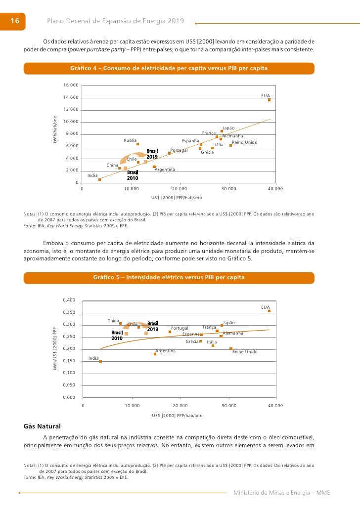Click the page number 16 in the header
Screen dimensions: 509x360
pyautogui.click(x=14, y=21)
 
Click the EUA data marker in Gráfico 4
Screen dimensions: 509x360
pyautogui.click(x=269, y=100)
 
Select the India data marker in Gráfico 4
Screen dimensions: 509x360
pyautogui.click(x=99, y=180)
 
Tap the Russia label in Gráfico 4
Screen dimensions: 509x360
pyautogui.click(x=130, y=140)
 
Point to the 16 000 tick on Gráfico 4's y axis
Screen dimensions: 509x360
pyautogui.click(x=71, y=85)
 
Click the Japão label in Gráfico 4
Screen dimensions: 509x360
pyautogui.click(x=228, y=128)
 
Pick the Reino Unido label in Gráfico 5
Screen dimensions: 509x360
pyautogui.click(x=245, y=352)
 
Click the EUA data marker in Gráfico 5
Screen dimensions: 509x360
pyautogui.click(x=269, y=311)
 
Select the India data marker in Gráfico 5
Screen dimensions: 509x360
pyautogui.click(x=100, y=361)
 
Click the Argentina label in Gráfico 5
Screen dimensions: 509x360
pyautogui.click(x=166, y=351)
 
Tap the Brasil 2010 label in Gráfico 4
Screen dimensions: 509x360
pyautogui.click(x=133, y=175)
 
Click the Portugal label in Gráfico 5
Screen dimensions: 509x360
pyautogui.click(x=180, y=328)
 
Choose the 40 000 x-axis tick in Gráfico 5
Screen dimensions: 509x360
pyautogui.click(x=275, y=405)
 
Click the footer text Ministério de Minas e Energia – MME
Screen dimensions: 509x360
pyautogui.click(x=281, y=493)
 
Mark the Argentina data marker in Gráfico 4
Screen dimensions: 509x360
pyautogui.click(x=154, y=167)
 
